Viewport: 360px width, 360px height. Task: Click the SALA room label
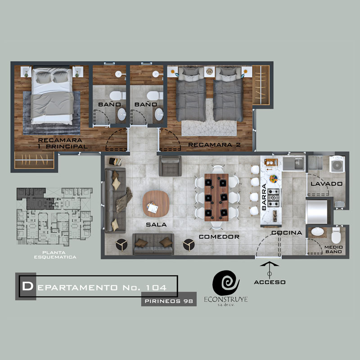click(x=156, y=225)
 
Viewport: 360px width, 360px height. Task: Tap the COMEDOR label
click(x=219, y=237)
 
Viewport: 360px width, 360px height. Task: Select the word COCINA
click(x=287, y=233)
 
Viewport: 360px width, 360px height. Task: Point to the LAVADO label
click(x=327, y=184)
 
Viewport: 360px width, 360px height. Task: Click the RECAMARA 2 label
click(x=215, y=144)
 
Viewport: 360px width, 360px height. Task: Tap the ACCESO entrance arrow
click(x=270, y=270)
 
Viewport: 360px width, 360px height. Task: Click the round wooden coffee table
click(x=156, y=204)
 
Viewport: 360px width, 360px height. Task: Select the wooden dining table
click(x=216, y=197)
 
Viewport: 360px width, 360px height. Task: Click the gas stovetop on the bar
click(x=274, y=198)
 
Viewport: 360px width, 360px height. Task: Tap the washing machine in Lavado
click(x=337, y=164)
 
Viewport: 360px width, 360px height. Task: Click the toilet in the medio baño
click(x=336, y=235)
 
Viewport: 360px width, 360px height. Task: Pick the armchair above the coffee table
click(x=170, y=166)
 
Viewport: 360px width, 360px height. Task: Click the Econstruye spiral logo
click(x=226, y=283)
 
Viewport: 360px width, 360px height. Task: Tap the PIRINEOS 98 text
click(x=169, y=301)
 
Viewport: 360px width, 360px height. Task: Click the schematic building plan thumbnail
click(x=54, y=217)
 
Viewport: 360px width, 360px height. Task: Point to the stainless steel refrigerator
click(x=317, y=211)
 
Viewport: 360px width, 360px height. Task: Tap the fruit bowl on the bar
click(x=274, y=179)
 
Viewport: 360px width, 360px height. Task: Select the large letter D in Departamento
click(x=27, y=286)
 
